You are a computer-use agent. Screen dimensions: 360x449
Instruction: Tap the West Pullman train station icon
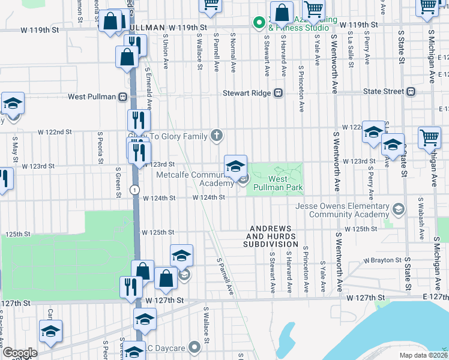(122, 96)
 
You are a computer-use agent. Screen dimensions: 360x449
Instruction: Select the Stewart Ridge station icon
(278, 92)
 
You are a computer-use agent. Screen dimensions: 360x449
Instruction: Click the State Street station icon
(411, 91)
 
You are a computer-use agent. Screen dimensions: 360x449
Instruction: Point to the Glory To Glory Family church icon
(217, 136)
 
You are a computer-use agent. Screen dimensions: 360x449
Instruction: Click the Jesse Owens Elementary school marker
(398, 209)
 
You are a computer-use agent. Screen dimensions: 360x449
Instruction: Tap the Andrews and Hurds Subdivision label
(270, 236)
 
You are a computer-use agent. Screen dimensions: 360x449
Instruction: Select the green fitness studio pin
(259, 23)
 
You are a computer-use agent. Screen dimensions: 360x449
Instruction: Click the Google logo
(20, 352)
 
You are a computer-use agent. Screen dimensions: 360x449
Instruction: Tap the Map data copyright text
(424, 355)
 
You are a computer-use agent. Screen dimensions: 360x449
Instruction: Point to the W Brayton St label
(383, 260)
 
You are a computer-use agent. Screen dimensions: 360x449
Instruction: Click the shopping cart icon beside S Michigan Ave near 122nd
(429, 138)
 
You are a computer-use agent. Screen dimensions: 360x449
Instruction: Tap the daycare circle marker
(193, 347)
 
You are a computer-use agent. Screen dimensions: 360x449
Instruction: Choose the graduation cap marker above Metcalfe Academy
(235, 165)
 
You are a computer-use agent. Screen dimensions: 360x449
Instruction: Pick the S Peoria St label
(93, 150)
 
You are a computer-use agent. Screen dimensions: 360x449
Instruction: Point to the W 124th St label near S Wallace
(208, 197)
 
